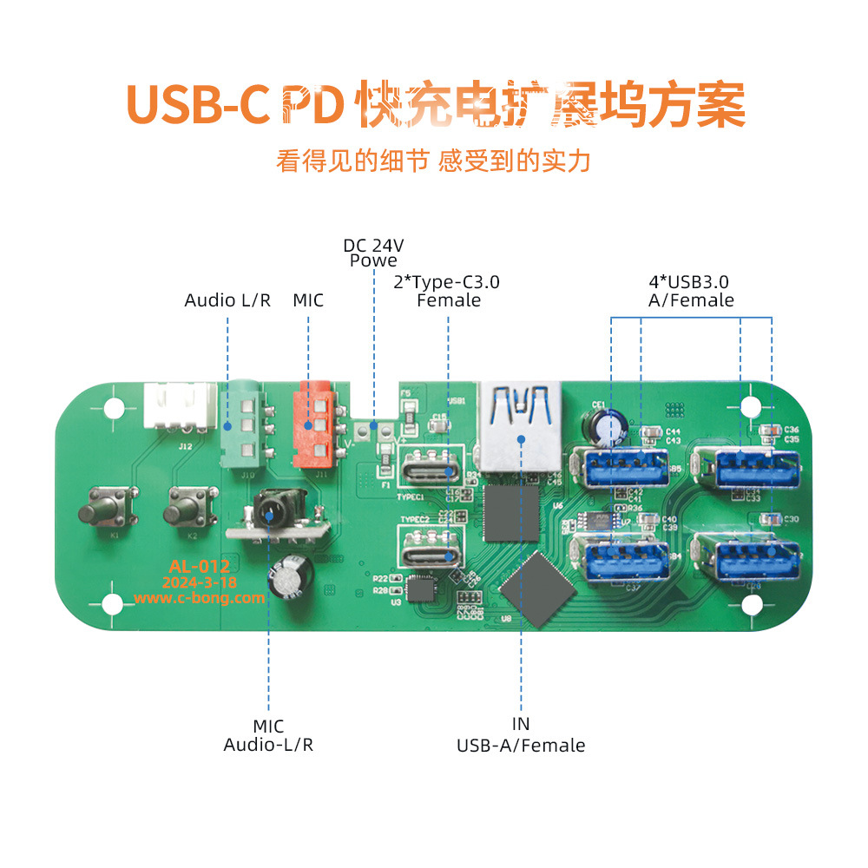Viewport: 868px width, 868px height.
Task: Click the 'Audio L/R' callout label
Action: click(227, 300)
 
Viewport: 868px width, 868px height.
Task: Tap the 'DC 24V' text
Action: click(373, 245)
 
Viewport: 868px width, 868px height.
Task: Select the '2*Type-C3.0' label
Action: click(448, 282)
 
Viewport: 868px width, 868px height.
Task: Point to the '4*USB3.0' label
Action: click(690, 282)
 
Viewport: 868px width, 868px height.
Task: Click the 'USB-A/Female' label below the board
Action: click(521, 745)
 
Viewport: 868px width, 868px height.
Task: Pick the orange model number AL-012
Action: click(199, 567)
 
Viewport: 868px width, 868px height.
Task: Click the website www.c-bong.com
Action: click(199, 598)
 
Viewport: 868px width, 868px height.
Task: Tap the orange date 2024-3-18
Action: click(199, 582)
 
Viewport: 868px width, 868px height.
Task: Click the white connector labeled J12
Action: click(180, 406)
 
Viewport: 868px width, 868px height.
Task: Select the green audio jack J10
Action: click(242, 426)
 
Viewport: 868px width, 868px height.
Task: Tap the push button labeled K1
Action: click(109, 507)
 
